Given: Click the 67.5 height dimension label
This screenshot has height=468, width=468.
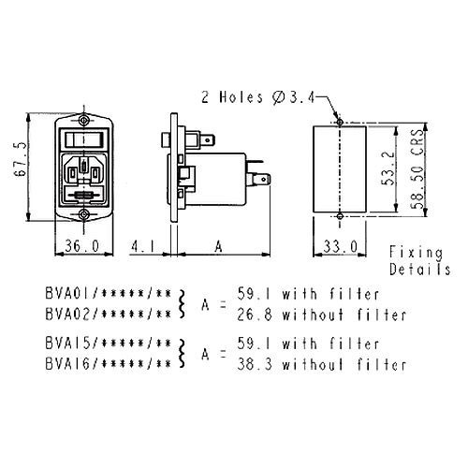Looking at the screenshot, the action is click(20, 160).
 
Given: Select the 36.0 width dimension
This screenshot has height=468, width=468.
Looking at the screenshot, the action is click(82, 246).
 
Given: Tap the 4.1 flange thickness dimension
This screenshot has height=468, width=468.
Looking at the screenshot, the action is click(142, 246).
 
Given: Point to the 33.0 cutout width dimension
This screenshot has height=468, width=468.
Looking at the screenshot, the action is click(340, 246).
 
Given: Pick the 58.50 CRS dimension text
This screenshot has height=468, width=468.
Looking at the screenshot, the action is click(417, 168).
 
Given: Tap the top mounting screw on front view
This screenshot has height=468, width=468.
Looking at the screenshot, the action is click(83, 120).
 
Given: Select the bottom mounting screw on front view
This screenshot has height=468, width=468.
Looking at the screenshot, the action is click(83, 214).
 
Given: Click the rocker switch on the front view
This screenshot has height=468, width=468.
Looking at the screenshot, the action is click(84, 139).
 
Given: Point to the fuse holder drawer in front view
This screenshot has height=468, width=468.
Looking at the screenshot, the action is click(83, 196).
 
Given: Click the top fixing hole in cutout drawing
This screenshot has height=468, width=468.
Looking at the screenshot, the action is click(340, 122).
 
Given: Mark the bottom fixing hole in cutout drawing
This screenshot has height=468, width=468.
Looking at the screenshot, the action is click(340, 215).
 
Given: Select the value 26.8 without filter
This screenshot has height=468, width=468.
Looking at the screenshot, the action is click(321, 314).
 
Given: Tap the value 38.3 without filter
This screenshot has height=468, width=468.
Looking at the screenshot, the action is click(321, 364).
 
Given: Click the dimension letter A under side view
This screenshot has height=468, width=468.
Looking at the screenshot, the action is click(219, 246).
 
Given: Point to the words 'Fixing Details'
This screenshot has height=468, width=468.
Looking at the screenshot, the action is click(419, 261).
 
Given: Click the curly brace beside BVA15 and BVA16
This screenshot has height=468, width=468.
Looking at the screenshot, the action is click(182, 354).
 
